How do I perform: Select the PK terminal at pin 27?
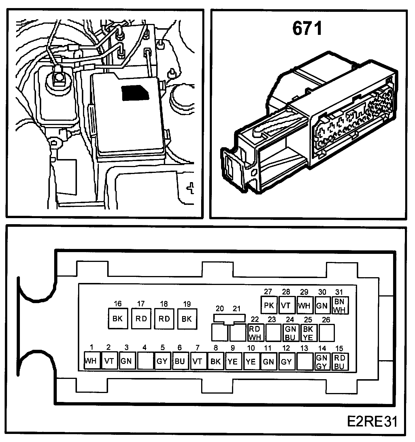[269, 305]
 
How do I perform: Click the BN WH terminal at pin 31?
[340, 305]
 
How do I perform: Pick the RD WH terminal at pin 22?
[255, 333]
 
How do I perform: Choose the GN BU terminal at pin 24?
[290, 333]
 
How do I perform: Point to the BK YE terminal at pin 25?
[308, 333]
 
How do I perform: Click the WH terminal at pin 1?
[92, 360]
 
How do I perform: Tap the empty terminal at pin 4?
[145, 360]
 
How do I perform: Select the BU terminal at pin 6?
[180, 360]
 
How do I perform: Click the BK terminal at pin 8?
[216, 360]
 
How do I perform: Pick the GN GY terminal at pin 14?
[322, 361]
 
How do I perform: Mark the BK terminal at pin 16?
[118, 318]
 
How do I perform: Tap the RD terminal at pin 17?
[141, 318]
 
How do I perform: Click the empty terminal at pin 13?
[304, 360]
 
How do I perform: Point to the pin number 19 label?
[187, 304]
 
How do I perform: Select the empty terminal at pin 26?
[327, 333]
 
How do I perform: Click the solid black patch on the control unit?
[135, 93]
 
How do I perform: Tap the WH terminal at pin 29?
[304, 305]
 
